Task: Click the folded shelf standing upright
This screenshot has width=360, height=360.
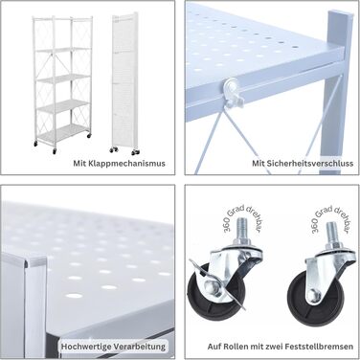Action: [124, 83]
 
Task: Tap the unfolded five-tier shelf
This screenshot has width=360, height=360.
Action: [62, 84]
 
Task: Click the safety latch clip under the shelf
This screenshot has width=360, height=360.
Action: [234, 90]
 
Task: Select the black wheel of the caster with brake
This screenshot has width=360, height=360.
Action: [204, 293]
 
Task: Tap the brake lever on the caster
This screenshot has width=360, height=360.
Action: [218, 282]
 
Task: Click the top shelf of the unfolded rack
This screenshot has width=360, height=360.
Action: [62, 49]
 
